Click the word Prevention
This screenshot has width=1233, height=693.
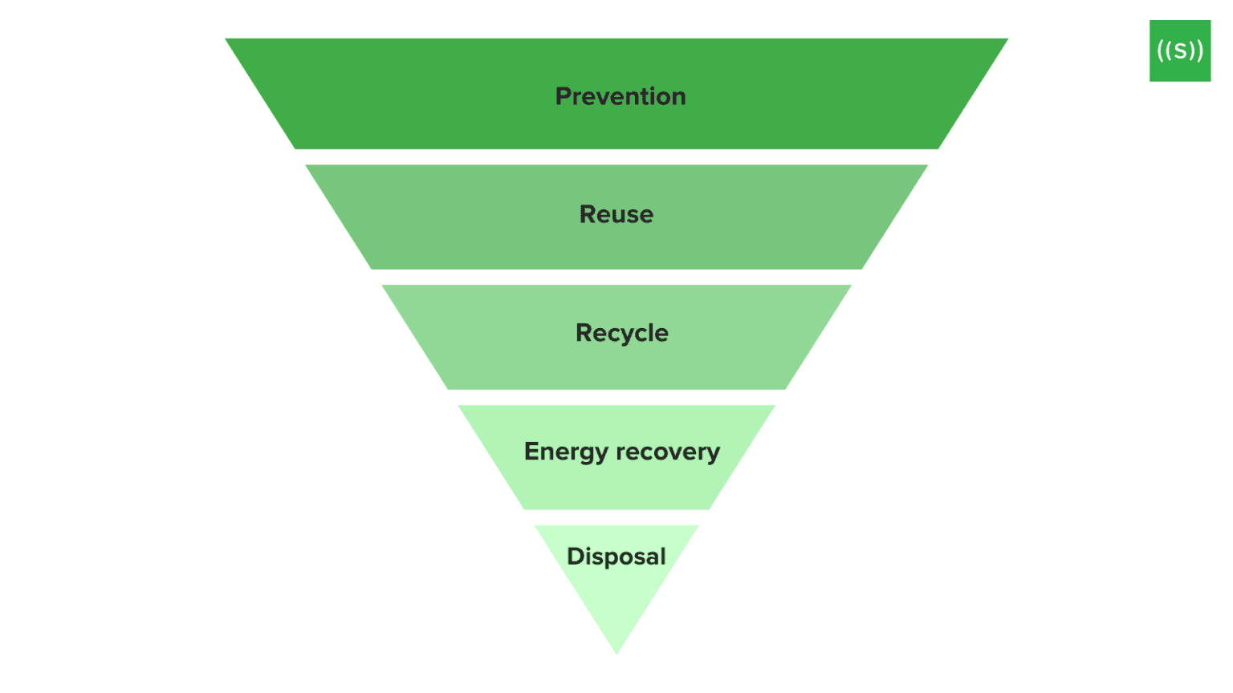(621, 96)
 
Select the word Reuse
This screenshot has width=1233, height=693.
(616, 214)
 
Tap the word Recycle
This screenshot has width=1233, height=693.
(621, 333)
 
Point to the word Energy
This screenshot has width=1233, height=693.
(566, 452)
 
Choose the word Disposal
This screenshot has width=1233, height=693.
(616, 556)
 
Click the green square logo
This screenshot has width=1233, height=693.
(1179, 51)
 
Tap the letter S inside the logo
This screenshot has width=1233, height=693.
(1179, 51)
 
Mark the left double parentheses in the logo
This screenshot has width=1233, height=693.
(1163, 51)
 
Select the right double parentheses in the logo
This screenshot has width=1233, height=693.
(1196, 51)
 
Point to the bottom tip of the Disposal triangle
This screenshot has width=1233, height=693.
(616, 652)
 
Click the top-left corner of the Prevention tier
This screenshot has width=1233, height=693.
(227, 40)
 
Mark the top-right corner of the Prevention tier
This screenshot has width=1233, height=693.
(1006, 40)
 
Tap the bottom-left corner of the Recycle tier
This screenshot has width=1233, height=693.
(448, 388)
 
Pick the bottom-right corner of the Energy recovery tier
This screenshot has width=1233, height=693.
(709, 509)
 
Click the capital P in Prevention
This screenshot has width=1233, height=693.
(564, 96)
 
